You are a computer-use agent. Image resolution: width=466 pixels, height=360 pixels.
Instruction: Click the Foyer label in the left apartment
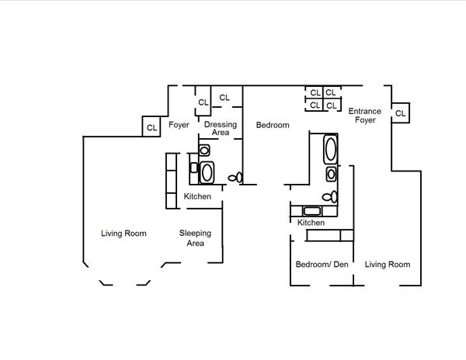tap(179, 124)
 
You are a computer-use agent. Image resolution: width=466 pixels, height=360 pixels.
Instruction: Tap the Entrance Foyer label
tap(364, 116)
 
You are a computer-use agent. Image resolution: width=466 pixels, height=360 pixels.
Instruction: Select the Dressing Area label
tap(221, 128)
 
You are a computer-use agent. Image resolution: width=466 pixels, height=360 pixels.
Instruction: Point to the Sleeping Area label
tap(195, 238)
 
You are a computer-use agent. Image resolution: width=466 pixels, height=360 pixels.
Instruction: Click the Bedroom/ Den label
tap(322, 265)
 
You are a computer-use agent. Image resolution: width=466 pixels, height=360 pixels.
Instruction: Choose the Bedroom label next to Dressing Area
tap(273, 125)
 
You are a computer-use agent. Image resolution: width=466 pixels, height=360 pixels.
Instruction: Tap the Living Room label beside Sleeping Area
tap(124, 234)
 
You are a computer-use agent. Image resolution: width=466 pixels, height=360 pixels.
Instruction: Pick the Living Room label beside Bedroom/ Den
tap(388, 265)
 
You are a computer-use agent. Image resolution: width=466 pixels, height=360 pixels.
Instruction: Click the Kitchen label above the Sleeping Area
tap(197, 196)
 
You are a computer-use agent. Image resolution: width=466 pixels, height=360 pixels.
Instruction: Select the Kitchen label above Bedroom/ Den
tap(311, 223)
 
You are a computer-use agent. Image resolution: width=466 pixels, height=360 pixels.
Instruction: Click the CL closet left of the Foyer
tap(151, 126)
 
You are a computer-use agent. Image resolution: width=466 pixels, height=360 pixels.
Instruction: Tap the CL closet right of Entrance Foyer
tap(401, 113)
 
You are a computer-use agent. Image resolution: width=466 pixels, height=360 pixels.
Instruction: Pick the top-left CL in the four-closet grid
tap(315, 92)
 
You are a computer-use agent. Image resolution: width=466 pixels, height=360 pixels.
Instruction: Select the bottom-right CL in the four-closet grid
tap(332, 105)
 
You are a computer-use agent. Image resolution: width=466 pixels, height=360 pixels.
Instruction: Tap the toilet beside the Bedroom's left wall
tap(235, 178)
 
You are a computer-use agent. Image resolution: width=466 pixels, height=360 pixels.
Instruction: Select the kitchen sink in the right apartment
tap(312, 210)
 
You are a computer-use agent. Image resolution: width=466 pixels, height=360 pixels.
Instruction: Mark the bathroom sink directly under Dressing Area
tap(204, 151)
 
